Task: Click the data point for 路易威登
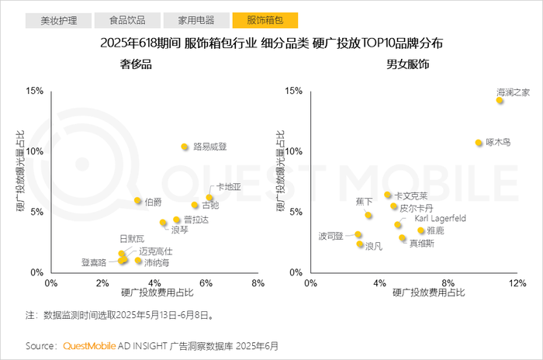185,147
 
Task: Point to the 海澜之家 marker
500,100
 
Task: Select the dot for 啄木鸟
479,143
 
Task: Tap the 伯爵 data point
138,201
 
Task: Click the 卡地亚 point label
229,187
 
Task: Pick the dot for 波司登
358,234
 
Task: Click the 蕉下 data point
368,216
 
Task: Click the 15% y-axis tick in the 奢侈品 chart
35,91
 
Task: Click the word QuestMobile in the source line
88,345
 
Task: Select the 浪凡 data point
360,244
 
